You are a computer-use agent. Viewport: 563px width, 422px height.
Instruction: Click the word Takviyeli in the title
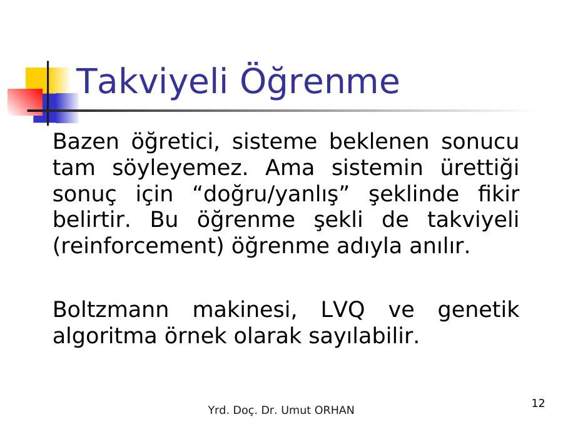point(152,81)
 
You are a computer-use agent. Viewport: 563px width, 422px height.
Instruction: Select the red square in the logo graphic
point(25,102)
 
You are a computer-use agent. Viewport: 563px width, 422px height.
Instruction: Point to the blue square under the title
point(56,108)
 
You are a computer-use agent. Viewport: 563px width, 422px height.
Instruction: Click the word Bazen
point(86,141)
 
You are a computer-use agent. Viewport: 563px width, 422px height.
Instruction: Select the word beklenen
point(379,141)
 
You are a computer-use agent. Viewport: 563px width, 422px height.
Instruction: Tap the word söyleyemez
point(180,168)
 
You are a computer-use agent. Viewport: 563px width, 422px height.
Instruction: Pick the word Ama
point(290,168)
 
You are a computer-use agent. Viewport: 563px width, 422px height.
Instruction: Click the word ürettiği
point(480,168)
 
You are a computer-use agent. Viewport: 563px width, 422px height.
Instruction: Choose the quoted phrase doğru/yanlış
point(271,194)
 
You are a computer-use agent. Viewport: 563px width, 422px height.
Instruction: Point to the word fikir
point(499,194)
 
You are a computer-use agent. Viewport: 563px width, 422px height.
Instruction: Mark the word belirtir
point(91,219)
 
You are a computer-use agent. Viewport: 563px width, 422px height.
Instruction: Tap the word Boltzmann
point(111,309)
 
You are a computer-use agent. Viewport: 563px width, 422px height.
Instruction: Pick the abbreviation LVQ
point(342,310)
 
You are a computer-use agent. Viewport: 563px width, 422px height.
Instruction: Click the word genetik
point(479,310)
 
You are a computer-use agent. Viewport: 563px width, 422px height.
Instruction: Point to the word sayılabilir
point(363,336)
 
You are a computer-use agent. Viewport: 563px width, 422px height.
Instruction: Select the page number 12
point(538,403)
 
